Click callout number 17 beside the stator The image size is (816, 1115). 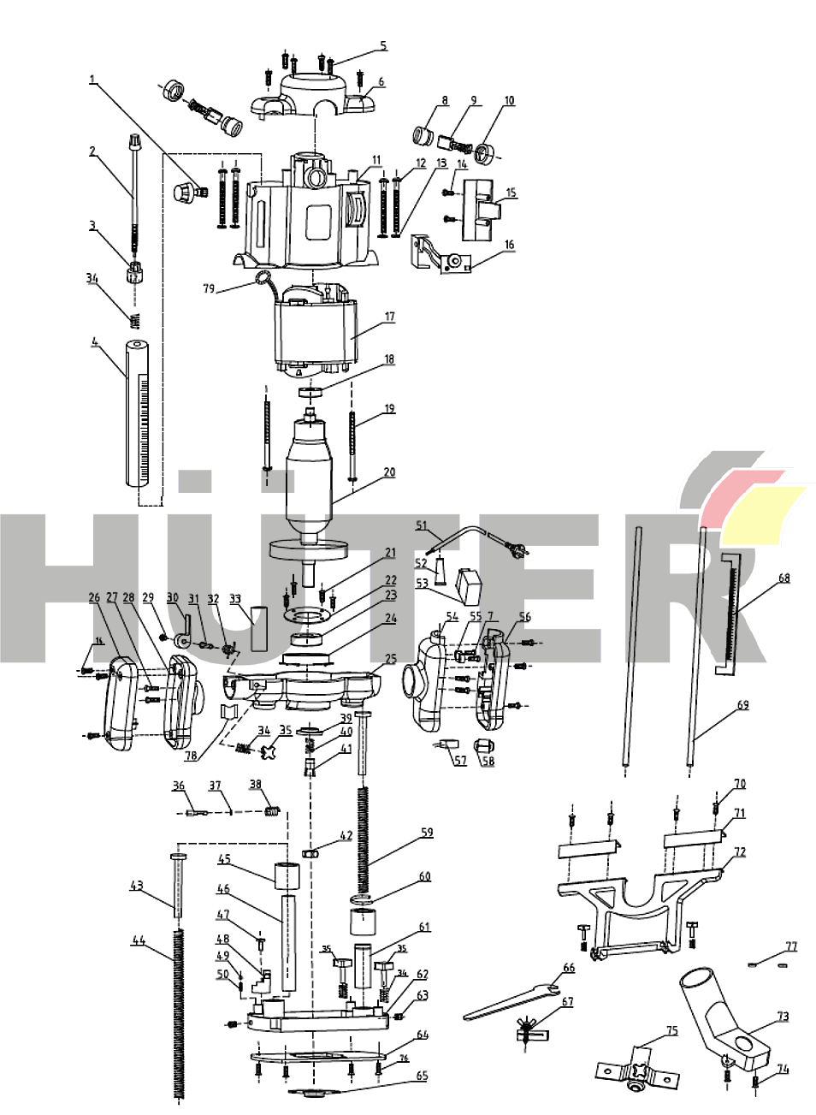coord(389,317)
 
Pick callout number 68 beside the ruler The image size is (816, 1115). coord(783,578)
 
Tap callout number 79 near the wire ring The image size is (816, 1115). coord(209,288)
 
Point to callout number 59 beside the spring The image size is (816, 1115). coord(426,832)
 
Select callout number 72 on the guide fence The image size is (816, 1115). coord(740,852)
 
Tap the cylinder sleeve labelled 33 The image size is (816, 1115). coord(260,629)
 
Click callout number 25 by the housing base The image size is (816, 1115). coord(390,660)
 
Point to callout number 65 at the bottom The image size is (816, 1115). coord(422,1076)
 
